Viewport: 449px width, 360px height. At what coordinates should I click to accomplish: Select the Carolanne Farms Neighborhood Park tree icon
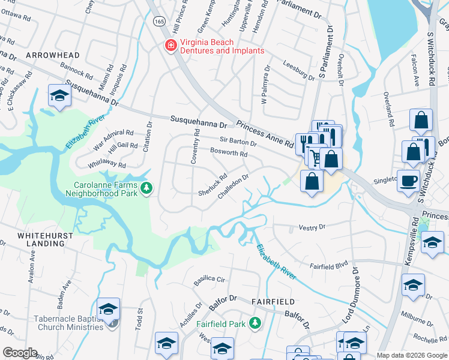(146, 190)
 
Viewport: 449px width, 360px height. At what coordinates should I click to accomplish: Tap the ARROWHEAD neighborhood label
(53, 55)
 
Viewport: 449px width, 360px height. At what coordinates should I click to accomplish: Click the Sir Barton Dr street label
(238, 142)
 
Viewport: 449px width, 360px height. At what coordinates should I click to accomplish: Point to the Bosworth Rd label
(228, 153)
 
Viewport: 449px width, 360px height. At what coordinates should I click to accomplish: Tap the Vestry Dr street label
(312, 227)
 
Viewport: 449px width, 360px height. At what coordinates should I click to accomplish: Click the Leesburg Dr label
(298, 73)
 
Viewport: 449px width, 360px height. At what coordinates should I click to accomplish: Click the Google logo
(20, 352)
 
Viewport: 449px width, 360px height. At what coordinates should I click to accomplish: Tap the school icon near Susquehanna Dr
(60, 96)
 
